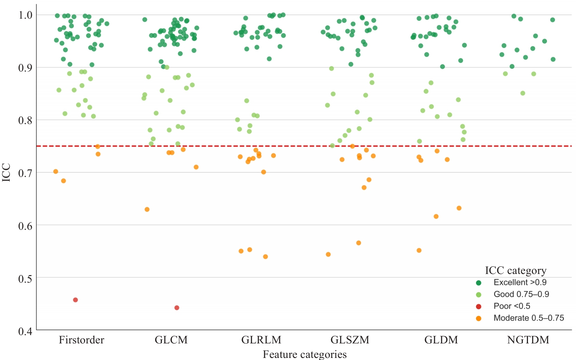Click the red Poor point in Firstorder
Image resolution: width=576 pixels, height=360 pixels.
pyautogui.click(x=75, y=300)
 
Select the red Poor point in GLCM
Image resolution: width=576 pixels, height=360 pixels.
pyautogui.click(x=177, y=308)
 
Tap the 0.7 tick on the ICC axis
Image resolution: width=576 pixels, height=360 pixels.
pyautogui.click(x=25, y=173)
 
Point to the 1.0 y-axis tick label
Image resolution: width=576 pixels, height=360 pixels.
pyautogui.click(x=25, y=15)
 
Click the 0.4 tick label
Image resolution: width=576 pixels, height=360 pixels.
pyautogui.click(x=25, y=331)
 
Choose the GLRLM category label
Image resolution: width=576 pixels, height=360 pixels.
pyautogui.click(x=261, y=340)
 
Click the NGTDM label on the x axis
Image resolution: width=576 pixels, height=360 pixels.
pyautogui.click(x=528, y=340)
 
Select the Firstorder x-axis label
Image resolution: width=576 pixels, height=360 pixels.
pyautogui.click(x=81, y=340)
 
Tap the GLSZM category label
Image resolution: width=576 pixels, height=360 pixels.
pyautogui.click(x=350, y=340)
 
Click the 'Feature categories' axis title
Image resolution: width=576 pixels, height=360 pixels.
pyautogui.click(x=305, y=354)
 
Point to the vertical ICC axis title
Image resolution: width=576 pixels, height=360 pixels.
pyautogui.click(x=6, y=172)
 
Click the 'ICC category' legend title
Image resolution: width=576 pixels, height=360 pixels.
pyautogui.click(x=515, y=271)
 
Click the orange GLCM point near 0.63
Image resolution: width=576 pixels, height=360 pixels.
pyautogui.click(x=147, y=209)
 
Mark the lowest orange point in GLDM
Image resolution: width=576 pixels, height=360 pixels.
pyautogui.click(x=419, y=250)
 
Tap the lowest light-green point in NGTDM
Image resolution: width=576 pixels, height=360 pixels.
pyautogui.click(x=523, y=93)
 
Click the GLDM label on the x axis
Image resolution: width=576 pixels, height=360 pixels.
pyautogui.click(x=441, y=340)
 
